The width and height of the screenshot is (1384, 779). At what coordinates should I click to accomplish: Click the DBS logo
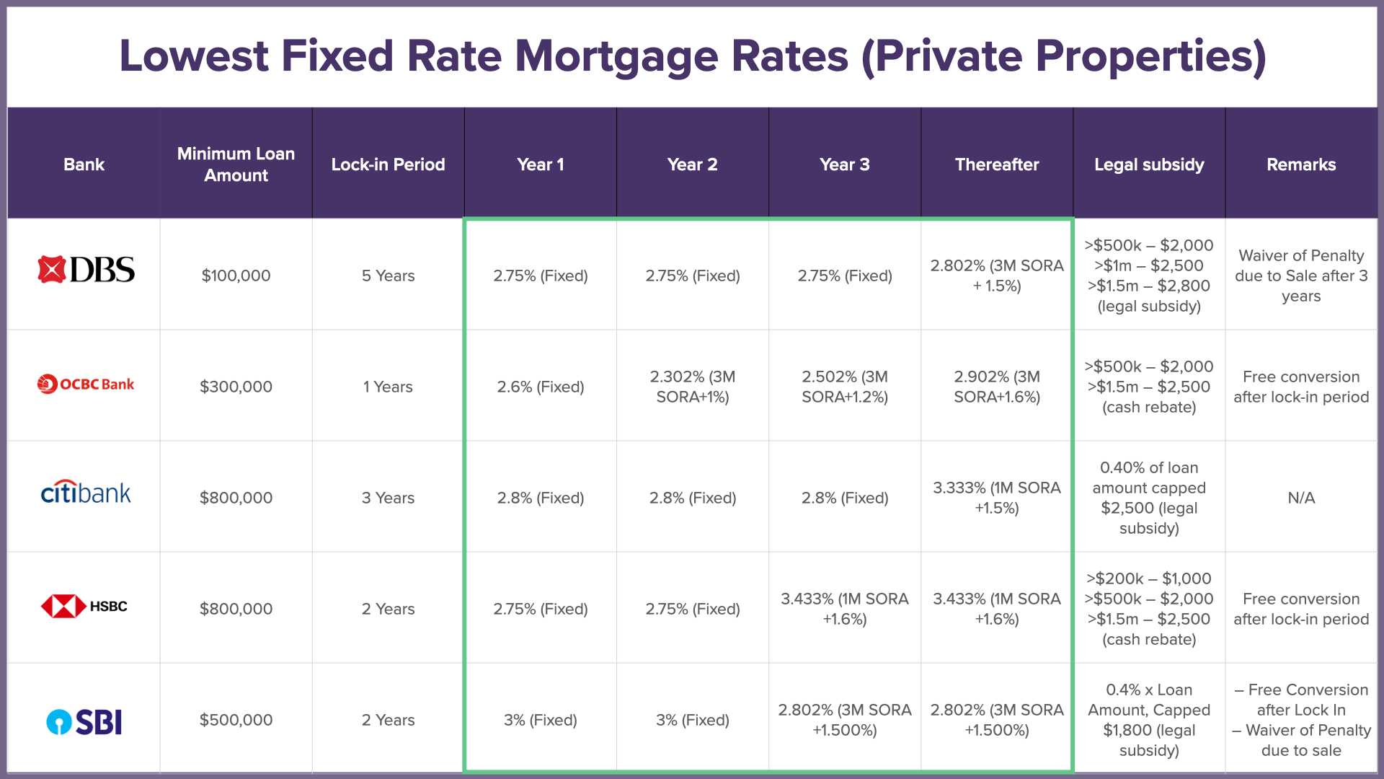coord(86,270)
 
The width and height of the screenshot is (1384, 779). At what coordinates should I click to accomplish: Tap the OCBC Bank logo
coord(86,384)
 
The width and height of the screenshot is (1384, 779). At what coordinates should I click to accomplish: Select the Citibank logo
coord(86,493)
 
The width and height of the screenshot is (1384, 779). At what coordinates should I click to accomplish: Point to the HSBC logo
coord(84,606)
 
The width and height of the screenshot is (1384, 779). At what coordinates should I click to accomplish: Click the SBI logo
coord(84,721)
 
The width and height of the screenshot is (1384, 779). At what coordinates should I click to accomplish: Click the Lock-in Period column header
coord(388,164)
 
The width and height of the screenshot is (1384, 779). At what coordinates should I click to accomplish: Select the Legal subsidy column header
coord(1149,164)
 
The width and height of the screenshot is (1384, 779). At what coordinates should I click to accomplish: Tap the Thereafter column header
coord(997,164)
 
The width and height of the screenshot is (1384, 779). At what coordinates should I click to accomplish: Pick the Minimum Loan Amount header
coord(236,164)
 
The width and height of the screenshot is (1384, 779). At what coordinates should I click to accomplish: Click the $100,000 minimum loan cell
coord(236,276)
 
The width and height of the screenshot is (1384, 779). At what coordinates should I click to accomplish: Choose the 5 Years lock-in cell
coord(388,276)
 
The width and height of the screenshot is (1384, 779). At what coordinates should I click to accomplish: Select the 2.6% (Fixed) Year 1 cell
coord(541,387)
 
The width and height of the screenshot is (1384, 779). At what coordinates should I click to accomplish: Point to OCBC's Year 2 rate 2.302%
coord(693,387)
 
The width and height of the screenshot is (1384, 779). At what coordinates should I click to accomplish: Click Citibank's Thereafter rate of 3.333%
coord(997,498)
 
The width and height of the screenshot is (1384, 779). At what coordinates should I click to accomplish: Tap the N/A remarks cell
coord(1301,498)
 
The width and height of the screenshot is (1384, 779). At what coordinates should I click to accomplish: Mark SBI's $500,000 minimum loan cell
coord(236,720)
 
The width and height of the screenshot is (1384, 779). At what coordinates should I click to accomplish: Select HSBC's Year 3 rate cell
coord(845,609)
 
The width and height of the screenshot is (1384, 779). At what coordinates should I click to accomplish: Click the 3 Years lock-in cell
coord(388,498)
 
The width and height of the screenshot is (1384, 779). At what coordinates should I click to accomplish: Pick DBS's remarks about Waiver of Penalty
coord(1301,276)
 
